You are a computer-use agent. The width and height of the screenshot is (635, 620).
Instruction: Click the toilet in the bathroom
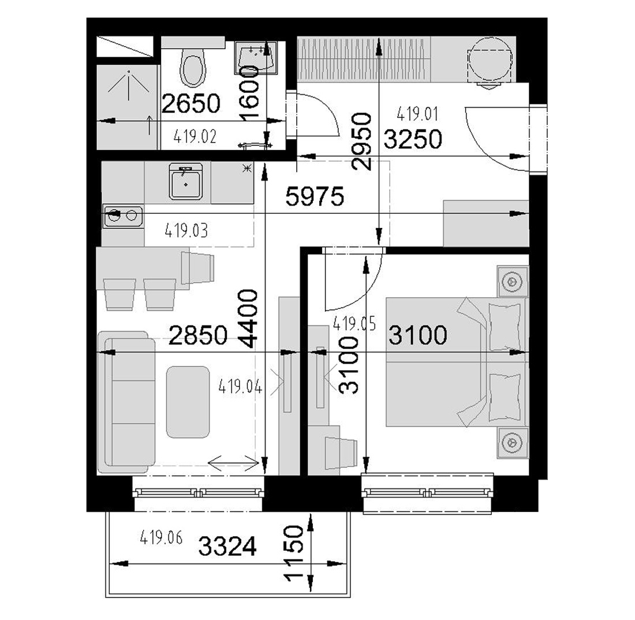tap(193, 68)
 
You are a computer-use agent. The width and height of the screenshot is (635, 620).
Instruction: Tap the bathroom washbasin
tap(256, 58)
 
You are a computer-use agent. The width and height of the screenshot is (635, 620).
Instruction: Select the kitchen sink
tap(186, 181)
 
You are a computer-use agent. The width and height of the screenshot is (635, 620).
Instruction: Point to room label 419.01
tap(417, 114)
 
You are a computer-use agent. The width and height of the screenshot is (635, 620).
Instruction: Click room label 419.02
tap(195, 136)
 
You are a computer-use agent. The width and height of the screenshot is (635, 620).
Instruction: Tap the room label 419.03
tap(186, 231)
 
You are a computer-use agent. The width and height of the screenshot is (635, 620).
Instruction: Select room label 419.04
tap(240, 386)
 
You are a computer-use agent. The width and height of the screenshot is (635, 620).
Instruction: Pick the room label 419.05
tap(354, 323)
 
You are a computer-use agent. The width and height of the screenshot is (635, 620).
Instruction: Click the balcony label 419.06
tap(161, 538)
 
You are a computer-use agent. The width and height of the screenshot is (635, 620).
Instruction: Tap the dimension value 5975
tap(315, 196)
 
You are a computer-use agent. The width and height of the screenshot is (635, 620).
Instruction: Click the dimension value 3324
tap(227, 546)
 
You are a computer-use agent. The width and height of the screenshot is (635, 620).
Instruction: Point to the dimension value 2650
tap(190, 103)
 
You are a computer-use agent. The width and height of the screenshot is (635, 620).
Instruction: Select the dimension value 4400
tap(248, 318)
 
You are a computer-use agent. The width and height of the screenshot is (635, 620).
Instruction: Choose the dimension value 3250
tap(413, 139)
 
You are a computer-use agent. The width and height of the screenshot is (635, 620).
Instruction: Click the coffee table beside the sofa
tap(188, 402)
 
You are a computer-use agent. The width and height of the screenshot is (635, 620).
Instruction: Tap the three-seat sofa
tap(126, 402)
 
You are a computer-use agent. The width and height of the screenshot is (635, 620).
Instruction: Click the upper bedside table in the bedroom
tap(513, 281)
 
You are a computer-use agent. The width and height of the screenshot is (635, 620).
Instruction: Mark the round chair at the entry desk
tap(490, 59)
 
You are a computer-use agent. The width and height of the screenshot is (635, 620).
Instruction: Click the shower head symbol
tap(128, 85)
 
